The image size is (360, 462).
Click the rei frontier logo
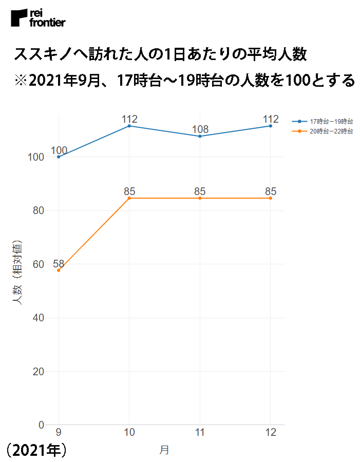pyautogui.click(x=38, y=18)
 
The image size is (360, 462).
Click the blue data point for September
pyautogui.click(x=59, y=157)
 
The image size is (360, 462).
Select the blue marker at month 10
pyautogui.click(x=129, y=126)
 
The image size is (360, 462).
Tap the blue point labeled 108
pyautogui.click(x=200, y=136)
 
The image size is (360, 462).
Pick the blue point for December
pyautogui.click(x=271, y=126)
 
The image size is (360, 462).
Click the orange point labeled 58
pyautogui.click(x=59, y=270)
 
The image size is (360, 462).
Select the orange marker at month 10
pyautogui.click(x=129, y=198)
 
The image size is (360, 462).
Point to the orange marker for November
pyautogui.click(x=200, y=198)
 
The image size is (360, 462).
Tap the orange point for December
pyautogui.click(x=271, y=198)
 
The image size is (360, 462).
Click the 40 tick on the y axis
pyautogui.click(x=38, y=318)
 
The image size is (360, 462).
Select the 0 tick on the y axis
pyautogui.click(x=41, y=425)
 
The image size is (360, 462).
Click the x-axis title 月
pyautogui.click(x=164, y=450)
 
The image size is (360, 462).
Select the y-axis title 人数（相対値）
pyautogui.click(x=17, y=272)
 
